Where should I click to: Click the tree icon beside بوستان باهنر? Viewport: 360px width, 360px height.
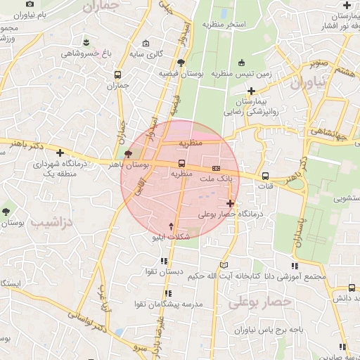pyautogui.click(x=128, y=155)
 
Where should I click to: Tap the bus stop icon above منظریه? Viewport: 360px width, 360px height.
pyautogui.click(x=182, y=163)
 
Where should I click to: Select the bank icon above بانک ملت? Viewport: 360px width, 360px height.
pyautogui.click(x=216, y=169)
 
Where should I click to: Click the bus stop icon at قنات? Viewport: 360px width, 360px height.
pyautogui.click(x=265, y=176)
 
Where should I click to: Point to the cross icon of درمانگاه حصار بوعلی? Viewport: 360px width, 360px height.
pyautogui.click(x=231, y=203)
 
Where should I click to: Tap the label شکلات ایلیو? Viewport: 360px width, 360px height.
pyautogui.click(x=172, y=238)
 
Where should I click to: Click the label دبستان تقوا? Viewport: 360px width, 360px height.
pyautogui.click(x=165, y=271)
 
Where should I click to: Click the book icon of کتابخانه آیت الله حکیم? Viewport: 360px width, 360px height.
pyautogui.click(x=224, y=265)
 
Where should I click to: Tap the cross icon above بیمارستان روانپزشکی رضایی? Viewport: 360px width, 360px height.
pyautogui.click(x=251, y=90)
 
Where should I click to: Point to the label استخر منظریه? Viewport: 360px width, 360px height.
pyautogui.click(x=224, y=25)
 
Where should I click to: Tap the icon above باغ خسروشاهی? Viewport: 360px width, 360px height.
pyautogui.click(x=86, y=41)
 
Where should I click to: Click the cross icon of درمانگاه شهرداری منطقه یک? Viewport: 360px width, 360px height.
pyautogui.click(x=60, y=152)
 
